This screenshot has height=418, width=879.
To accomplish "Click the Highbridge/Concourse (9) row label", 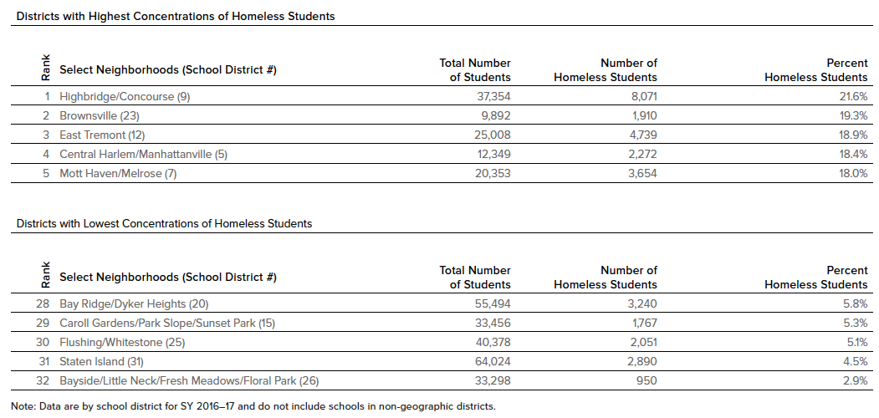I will [x=125, y=96].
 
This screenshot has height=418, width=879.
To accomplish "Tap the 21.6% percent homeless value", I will [x=851, y=96].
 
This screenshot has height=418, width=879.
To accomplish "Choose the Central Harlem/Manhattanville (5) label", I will [x=143, y=154].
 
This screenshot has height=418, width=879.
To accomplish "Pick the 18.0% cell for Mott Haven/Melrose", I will [x=851, y=173].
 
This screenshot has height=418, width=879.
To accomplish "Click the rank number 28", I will [x=43, y=303].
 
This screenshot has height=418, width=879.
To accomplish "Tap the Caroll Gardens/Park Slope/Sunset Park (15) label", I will [x=167, y=323].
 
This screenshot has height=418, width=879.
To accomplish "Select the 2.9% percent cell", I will [x=854, y=380].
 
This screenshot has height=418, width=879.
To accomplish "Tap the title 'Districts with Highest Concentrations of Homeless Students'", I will [x=176, y=16].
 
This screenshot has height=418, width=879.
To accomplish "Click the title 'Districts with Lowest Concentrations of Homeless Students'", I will [x=165, y=223].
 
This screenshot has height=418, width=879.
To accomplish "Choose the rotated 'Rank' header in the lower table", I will [x=45, y=275].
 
